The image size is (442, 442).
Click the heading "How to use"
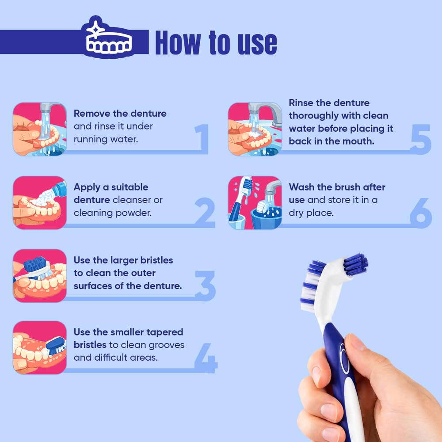click(216, 42)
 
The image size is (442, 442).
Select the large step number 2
click(205, 213)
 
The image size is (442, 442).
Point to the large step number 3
click(205, 286)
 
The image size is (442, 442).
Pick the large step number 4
click(206, 358)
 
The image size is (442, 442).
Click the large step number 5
click(421, 139)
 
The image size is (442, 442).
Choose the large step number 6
click(421, 213)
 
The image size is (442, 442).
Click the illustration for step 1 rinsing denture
click(40, 129)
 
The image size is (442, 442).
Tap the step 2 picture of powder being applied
click(40, 203)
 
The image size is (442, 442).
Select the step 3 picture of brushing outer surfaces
click(40, 276)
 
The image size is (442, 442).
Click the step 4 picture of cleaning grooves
click(40, 347)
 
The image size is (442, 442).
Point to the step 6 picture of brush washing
click(255, 203)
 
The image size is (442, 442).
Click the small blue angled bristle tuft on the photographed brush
click(355, 264)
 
